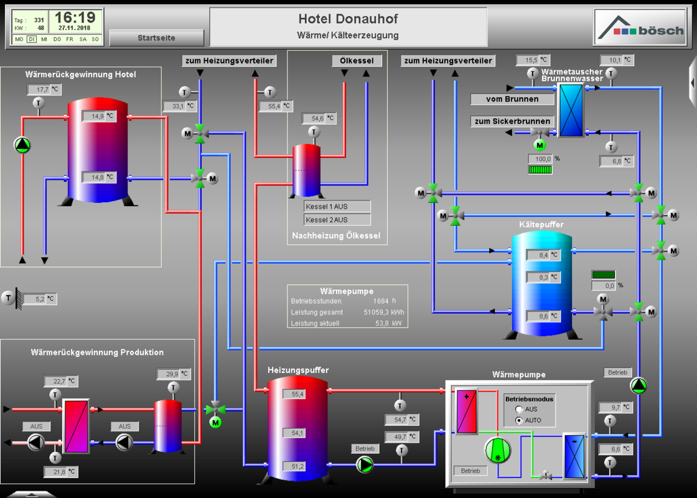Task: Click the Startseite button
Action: (x=156, y=38)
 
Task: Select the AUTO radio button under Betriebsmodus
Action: (x=519, y=420)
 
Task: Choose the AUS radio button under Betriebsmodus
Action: (x=519, y=409)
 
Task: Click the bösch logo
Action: (x=640, y=28)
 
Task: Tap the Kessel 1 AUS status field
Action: (x=337, y=206)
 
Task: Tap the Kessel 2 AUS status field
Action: (x=337, y=220)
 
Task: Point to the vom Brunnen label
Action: (x=512, y=99)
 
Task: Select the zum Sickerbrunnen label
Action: (x=512, y=121)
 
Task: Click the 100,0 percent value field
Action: (x=540, y=159)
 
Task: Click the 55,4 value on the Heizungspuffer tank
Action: (x=294, y=394)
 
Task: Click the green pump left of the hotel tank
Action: (x=22, y=145)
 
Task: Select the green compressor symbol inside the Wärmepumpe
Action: (x=497, y=450)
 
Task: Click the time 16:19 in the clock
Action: (x=75, y=17)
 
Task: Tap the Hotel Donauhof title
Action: (x=348, y=19)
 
